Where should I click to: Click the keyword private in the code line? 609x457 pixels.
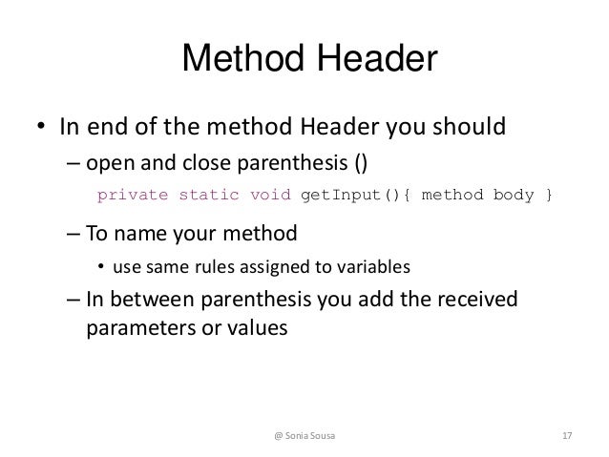tap(133, 196)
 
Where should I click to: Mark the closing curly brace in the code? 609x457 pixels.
tap(547, 196)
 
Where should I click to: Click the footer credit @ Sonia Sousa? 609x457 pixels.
tap(304, 436)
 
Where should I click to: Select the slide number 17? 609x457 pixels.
tap(567, 436)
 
